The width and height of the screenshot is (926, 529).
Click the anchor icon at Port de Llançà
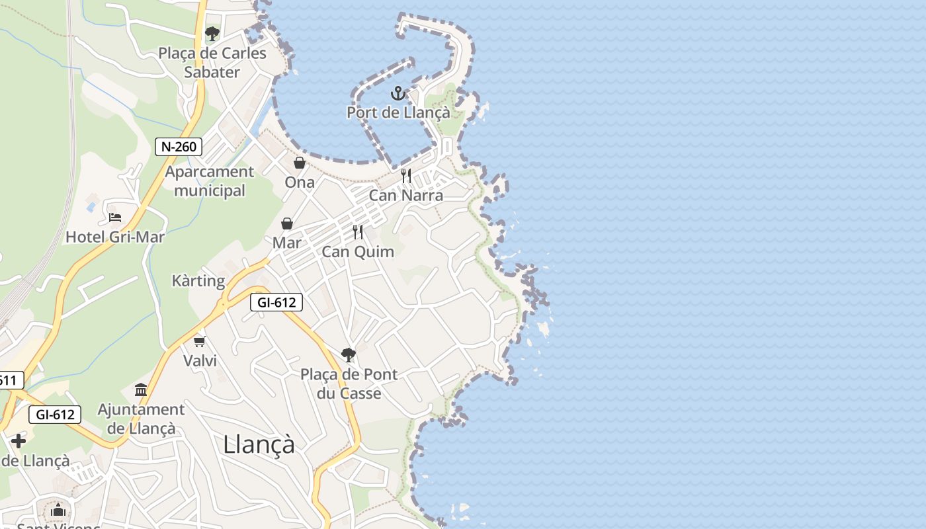398,93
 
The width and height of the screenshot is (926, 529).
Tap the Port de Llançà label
398,112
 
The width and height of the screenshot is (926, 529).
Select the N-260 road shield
179,146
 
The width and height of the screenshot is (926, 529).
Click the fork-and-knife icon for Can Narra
406,176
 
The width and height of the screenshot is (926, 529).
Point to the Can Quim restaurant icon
358,232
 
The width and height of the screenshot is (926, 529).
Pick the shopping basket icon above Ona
300,163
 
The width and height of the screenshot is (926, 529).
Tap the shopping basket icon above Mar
287,224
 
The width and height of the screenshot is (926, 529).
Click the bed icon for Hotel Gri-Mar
115,217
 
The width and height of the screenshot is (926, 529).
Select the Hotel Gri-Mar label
115,236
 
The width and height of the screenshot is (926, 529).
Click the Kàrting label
198,280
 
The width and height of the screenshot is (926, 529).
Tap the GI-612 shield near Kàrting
276,303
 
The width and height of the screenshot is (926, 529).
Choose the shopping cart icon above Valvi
200,341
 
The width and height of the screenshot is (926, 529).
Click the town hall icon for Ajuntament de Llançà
141,389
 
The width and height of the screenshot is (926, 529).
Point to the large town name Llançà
259,444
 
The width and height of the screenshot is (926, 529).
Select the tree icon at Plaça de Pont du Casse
349,355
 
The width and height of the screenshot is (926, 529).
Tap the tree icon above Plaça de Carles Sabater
212,34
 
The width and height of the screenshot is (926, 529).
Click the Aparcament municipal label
210,181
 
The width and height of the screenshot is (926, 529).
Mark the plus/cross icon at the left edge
19,441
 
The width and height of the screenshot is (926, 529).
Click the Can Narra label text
406,195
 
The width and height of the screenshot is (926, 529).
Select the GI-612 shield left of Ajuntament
55,415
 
